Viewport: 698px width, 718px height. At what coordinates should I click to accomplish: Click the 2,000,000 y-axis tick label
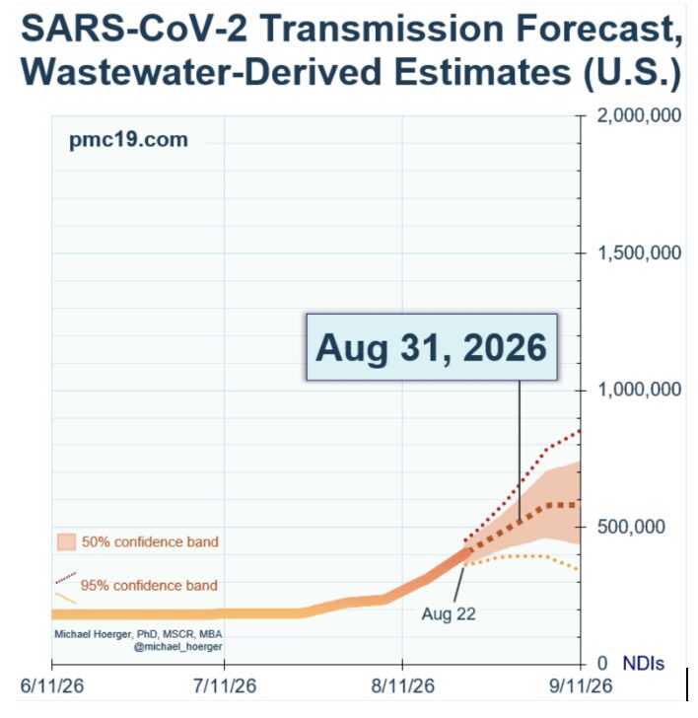(639, 115)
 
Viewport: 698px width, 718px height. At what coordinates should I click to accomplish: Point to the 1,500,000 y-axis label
(639, 252)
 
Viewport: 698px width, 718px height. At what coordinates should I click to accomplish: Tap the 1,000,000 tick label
(639, 390)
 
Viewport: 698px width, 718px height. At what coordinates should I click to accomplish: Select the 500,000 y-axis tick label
(631, 527)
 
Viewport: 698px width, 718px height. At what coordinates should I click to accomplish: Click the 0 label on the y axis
(602, 663)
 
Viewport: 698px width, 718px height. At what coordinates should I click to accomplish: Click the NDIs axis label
(644, 663)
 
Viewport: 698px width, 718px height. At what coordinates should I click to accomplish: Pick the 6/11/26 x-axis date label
(52, 686)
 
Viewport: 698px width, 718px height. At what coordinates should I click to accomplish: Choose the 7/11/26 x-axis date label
(224, 686)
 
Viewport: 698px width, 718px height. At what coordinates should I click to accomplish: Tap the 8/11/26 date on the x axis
(402, 686)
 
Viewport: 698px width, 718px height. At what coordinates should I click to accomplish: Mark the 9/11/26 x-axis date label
(581, 686)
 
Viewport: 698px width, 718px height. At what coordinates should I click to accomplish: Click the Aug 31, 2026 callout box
(432, 347)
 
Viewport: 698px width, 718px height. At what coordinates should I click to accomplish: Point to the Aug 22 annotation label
(449, 614)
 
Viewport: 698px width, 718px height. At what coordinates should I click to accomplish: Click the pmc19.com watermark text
(128, 140)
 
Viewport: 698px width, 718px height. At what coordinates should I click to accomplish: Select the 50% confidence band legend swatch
(66, 541)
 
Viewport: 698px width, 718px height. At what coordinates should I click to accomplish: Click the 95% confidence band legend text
(149, 585)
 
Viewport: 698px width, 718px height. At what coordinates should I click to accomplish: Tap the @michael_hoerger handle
(178, 647)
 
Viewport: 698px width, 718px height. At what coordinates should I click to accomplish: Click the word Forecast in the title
(598, 29)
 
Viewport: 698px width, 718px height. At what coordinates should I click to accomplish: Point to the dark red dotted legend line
(66, 577)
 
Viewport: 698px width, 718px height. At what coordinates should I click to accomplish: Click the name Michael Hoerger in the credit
(93, 634)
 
